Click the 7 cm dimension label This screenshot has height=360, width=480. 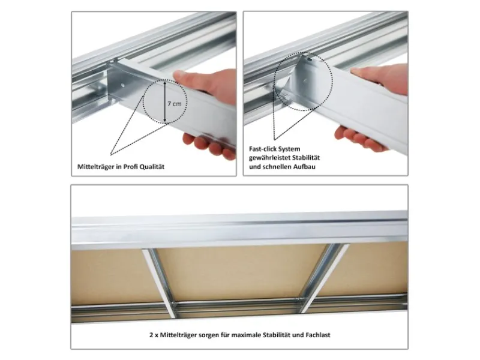175,104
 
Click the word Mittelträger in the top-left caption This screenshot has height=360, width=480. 94,167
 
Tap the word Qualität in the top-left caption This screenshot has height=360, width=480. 152,167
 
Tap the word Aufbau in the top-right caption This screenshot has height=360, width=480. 305,167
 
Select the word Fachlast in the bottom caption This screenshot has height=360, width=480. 318,335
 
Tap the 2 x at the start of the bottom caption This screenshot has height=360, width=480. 154,335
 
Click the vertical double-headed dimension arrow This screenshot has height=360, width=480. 164,101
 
